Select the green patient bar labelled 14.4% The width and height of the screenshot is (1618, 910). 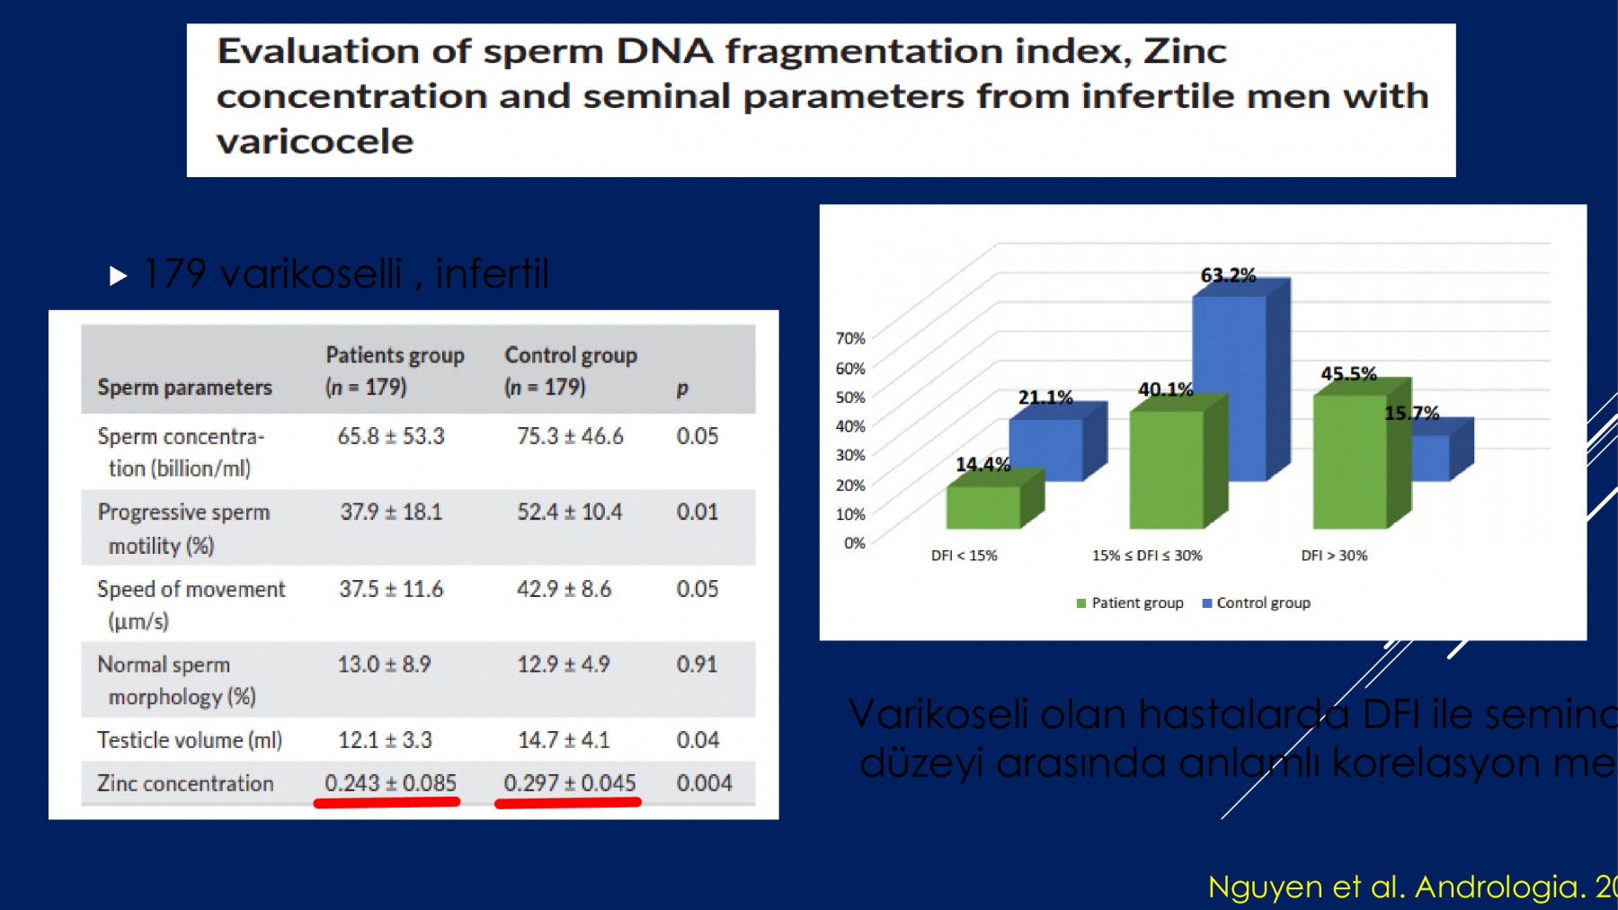coord(982,507)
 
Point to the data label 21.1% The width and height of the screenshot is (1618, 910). coord(1045,397)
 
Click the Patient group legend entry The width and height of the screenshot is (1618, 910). coord(1130,603)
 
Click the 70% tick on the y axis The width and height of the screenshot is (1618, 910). coord(849,338)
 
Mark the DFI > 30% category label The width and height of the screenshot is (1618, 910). coord(1334,556)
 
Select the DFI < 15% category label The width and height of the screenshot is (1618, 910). coord(964,556)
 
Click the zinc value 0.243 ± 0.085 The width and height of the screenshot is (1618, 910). coord(390,783)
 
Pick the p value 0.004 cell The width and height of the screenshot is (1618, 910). coord(704,783)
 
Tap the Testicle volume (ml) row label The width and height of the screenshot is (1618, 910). coord(190,740)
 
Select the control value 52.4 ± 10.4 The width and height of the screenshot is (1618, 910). coord(569,513)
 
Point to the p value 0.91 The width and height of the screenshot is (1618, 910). coord(697,665)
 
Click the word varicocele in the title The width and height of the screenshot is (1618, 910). coord(315,142)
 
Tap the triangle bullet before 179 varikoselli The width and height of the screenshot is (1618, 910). coord(118,275)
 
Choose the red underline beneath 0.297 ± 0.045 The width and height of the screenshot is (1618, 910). coord(568,802)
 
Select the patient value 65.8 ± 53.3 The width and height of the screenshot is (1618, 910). coord(390,436)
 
